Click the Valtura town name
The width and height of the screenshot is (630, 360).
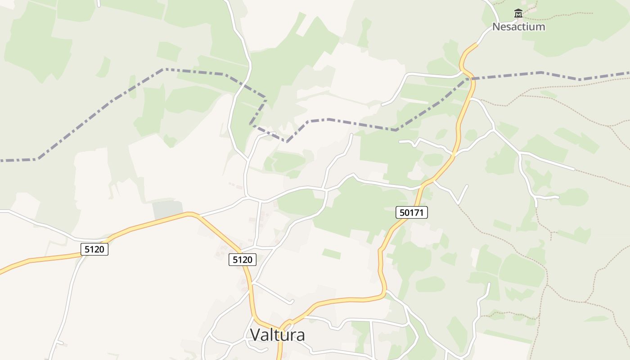coord(277,335)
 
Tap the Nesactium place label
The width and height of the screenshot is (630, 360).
coord(518,27)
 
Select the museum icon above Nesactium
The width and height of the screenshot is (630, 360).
coord(518,13)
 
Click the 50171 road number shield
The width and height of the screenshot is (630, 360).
coord(412,212)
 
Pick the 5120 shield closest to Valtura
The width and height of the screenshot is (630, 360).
coord(243,259)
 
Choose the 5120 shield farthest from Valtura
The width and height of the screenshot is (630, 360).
coord(94,249)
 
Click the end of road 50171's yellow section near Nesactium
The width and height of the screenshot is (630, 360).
coord(477,44)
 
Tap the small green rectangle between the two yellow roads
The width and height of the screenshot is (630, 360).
coord(331,254)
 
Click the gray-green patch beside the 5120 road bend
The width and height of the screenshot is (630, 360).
coord(167,210)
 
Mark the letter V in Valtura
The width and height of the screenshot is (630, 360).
coord(255,335)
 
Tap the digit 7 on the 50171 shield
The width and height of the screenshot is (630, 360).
coord(417,212)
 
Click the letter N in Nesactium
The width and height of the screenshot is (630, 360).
coord(496,27)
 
